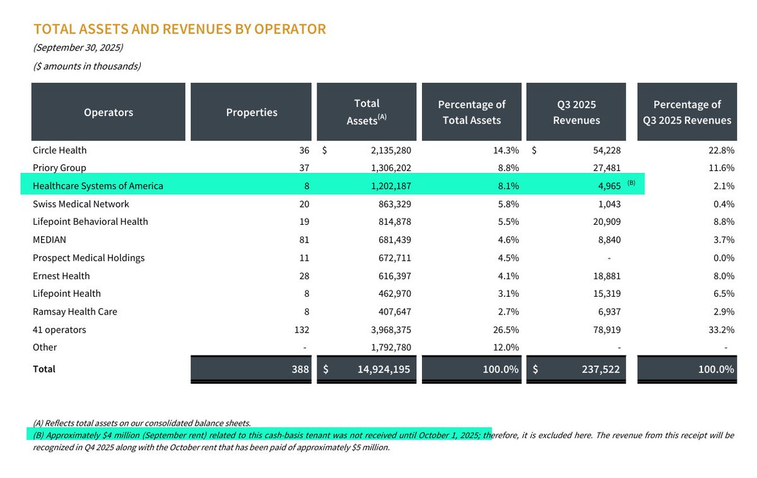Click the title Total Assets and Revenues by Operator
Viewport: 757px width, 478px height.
point(179,29)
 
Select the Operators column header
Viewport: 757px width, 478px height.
point(109,112)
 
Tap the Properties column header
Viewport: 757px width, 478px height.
point(252,112)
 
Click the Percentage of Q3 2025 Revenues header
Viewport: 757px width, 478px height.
point(687,112)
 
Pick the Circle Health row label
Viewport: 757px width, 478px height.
point(60,150)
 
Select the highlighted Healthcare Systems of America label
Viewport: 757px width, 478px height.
point(98,186)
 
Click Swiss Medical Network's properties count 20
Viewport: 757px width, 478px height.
point(304,204)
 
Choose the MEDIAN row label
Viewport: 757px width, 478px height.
point(49,240)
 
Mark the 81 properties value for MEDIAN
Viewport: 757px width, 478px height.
point(304,240)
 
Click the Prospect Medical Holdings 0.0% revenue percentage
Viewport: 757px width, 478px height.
point(723,258)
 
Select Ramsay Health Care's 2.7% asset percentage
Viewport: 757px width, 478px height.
point(508,312)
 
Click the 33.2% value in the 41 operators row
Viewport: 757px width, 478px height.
point(722,330)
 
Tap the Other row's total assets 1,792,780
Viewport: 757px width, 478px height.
point(386,347)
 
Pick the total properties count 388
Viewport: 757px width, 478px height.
point(299,369)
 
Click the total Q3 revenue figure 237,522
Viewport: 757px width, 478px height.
point(599,369)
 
